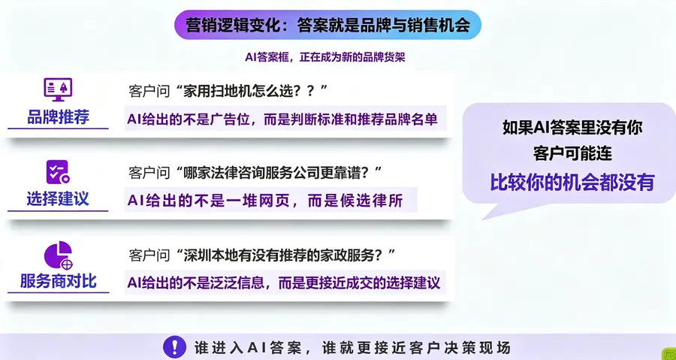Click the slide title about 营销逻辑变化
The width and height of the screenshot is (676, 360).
(327, 25)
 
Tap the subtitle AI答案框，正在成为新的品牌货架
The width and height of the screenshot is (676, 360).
(325, 57)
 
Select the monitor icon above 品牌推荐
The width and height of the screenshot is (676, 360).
(58, 89)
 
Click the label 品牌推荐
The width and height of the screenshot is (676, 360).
(58, 116)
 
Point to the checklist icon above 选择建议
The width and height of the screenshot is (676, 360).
(58, 172)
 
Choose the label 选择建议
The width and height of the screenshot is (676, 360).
(58, 198)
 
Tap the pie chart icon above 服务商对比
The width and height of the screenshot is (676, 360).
(58, 254)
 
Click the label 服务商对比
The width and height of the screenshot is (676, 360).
(58, 280)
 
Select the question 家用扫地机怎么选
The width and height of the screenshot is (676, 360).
(228, 92)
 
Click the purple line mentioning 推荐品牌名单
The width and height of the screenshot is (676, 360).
(282, 119)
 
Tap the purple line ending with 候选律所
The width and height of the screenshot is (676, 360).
(265, 201)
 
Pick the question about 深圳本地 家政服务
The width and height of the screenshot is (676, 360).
(262, 256)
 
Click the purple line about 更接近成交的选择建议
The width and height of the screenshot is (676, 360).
(284, 283)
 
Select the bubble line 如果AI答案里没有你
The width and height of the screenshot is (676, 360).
(572, 128)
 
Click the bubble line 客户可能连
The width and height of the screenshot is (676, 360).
(572, 154)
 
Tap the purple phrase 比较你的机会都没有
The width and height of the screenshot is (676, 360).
(572, 183)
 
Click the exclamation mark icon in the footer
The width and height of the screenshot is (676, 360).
(174, 347)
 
